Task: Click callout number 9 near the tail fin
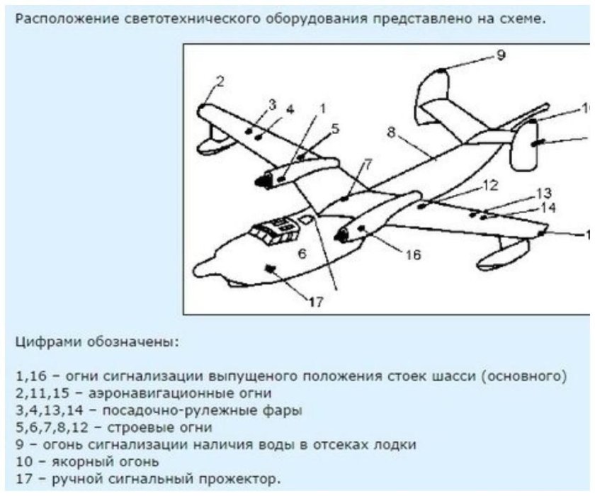pos(501,55)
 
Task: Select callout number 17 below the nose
pos(316,302)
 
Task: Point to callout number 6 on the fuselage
pos(302,253)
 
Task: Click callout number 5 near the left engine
pos(335,129)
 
